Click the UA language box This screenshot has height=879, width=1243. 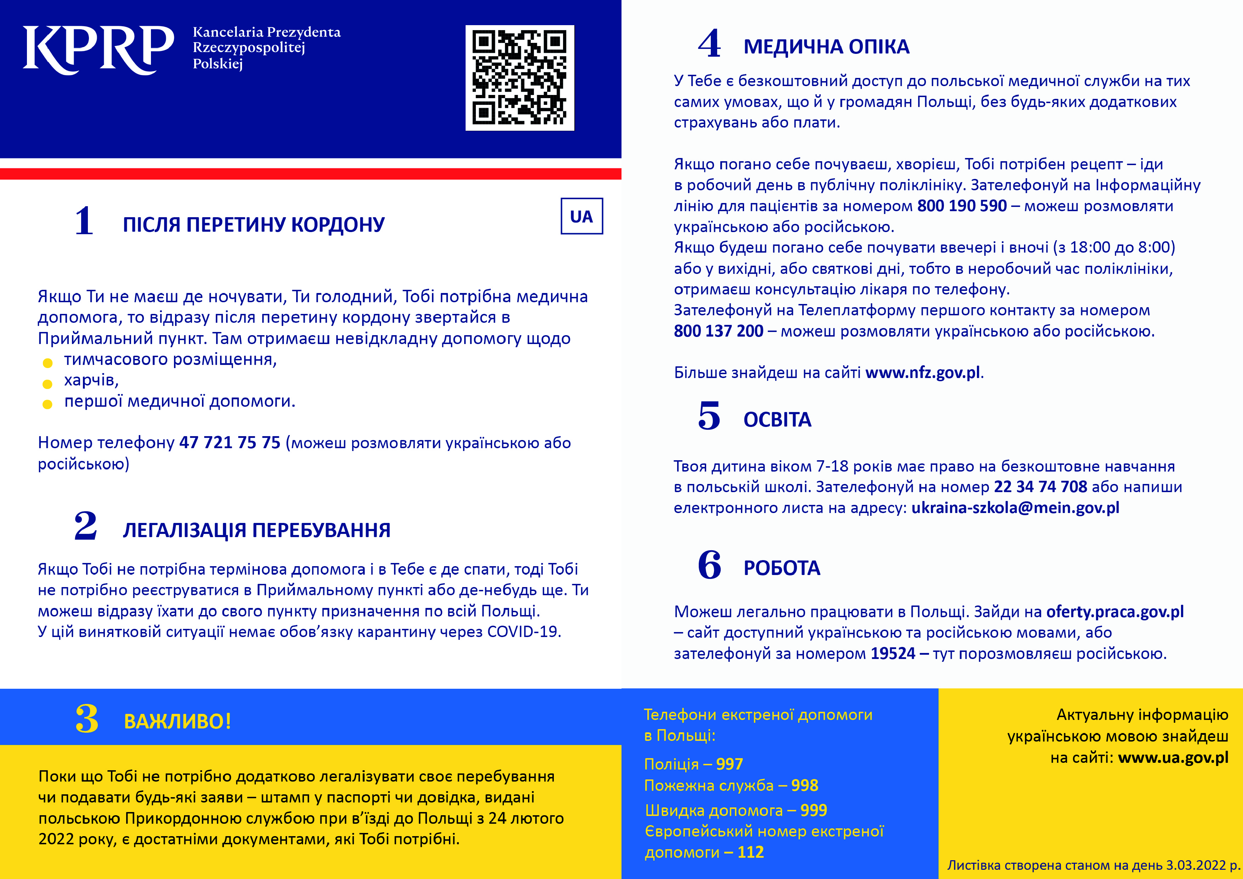pyautogui.click(x=581, y=216)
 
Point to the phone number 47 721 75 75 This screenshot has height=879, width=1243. pyautogui.click(x=230, y=443)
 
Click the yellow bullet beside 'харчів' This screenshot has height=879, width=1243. pyautogui.click(x=47, y=384)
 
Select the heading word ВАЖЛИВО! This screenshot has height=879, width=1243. pyautogui.click(x=178, y=721)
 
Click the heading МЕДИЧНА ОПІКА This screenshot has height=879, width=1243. pyautogui.click(x=826, y=47)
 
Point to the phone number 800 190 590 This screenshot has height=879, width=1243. pyautogui.click(x=962, y=206)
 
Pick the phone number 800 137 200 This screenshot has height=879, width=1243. pyautogui.click(x=718, y=331)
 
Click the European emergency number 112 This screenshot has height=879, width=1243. pyautogui.click(x=750, y=852)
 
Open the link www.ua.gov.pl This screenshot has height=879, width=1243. pyautogui.click(x=1173, y=758)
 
